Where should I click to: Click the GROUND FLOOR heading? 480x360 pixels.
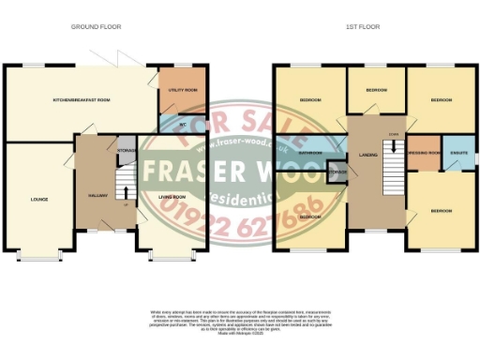pos(97,27)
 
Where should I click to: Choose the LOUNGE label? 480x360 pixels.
pos(38,199)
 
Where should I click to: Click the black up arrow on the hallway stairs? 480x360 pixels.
pos(127,179)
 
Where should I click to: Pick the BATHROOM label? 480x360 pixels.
pos(310,152)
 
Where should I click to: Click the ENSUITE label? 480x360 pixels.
pos(459,152)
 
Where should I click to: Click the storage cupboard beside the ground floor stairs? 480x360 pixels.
pos(126,150)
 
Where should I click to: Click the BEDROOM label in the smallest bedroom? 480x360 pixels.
pos(376,90)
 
